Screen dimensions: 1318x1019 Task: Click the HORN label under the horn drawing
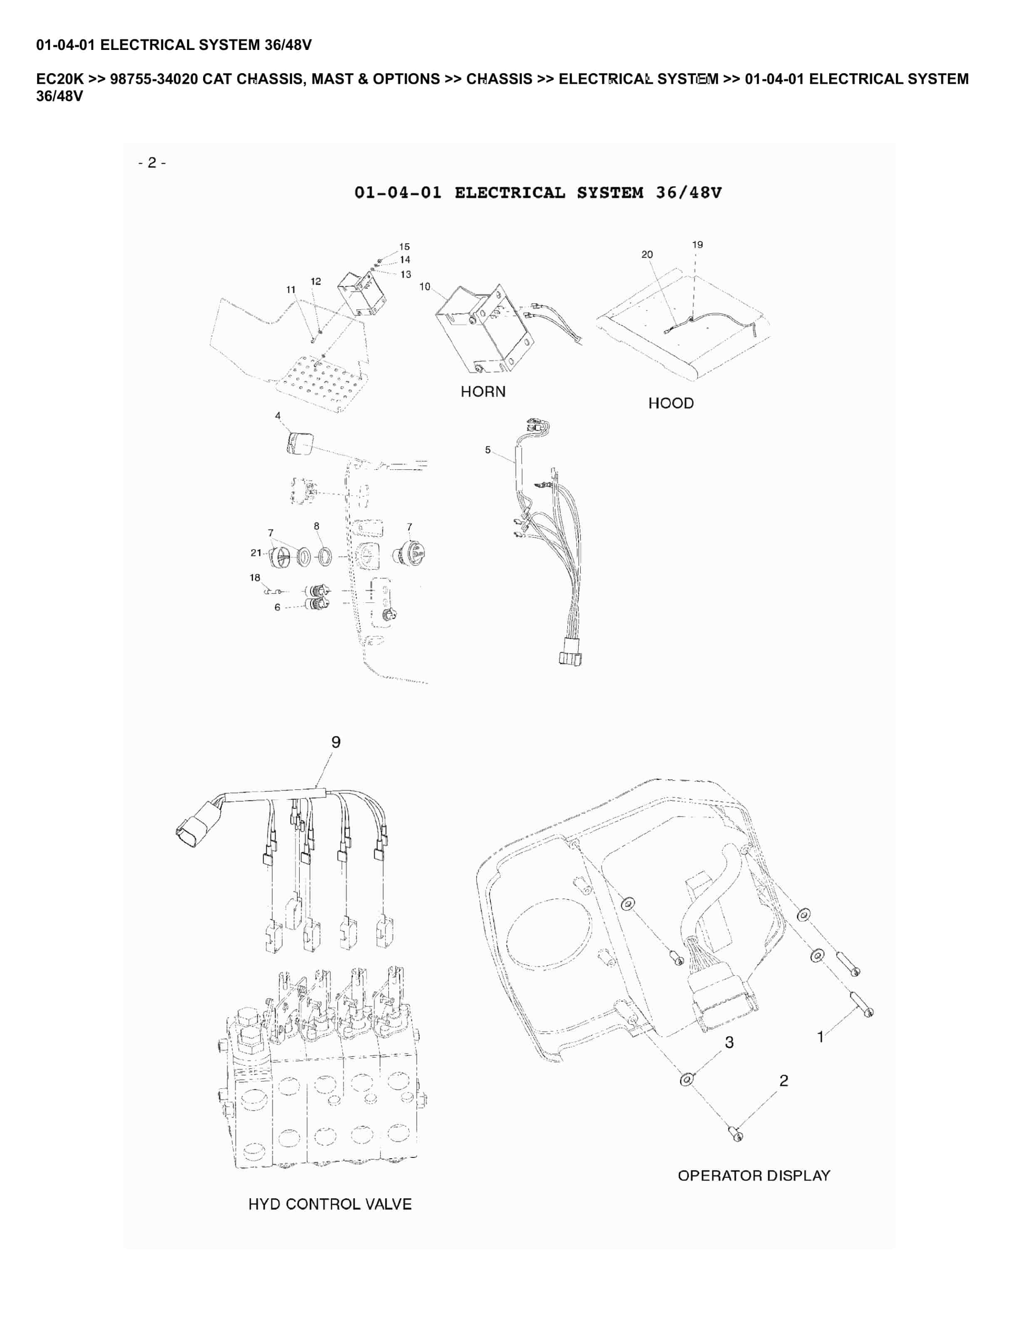[x=483, y=391]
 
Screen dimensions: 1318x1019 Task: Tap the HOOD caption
[x=671, y=403]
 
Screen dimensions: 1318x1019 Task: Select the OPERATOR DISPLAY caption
[x=753, y=1176]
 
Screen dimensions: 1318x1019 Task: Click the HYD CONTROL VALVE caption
[x=330, y=1204]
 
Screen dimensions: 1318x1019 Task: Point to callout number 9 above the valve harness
[x=336, y=742]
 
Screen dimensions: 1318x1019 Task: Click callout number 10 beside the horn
[x=425, y=286]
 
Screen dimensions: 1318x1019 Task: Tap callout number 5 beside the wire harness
[x=488, y=450]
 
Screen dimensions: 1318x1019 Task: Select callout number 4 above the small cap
[x=278, y=415]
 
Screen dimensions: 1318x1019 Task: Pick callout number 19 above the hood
[x=697, y=244]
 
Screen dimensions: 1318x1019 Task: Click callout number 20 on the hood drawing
[x=646, y=255]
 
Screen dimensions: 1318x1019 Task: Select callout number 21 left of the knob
[x=256, y=552]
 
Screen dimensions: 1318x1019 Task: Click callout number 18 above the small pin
[x=255, y=577]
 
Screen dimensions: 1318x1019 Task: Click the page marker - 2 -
[x=152, y=162]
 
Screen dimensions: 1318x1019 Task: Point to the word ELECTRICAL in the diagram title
[x=509, y=193]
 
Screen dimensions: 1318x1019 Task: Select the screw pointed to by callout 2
[x=736, y=1135]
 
